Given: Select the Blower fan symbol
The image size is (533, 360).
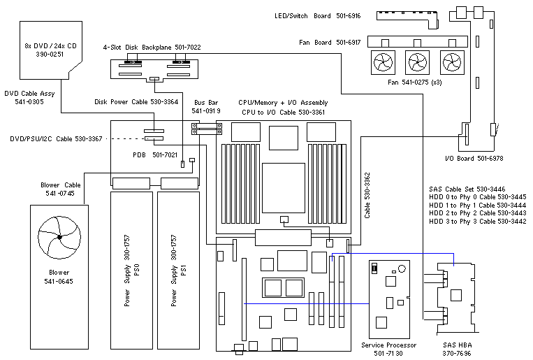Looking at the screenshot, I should [x=60, y=238].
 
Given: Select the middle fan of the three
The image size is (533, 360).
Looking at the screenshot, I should [x=418, y=63].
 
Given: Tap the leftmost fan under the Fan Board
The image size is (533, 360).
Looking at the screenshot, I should [x=384, y=63].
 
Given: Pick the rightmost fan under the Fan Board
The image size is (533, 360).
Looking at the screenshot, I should [x=452, y=63].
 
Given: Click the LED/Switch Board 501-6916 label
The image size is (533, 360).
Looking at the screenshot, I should [x=318, y=15].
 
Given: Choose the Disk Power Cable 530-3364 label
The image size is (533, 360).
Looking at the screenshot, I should [x=136, y=101].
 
